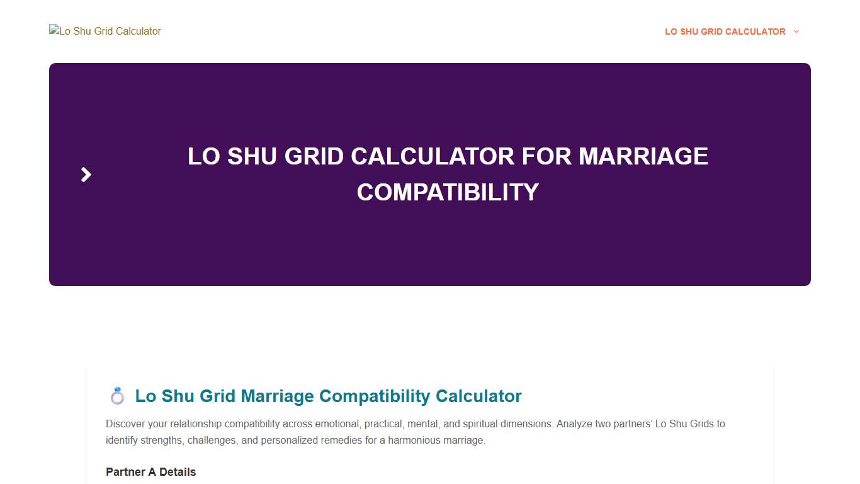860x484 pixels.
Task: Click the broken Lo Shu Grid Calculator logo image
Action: point(105,31)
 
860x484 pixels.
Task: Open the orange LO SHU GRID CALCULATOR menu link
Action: point(725,32)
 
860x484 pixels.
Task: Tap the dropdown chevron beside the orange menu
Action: point(796,32)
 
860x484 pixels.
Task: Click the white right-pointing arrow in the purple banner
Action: point(86,175)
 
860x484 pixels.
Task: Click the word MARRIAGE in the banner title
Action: point(643,156)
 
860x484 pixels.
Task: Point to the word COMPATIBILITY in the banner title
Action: point(448,192)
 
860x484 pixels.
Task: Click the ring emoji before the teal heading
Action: point(118,396)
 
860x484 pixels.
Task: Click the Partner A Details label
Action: point(150,472)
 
